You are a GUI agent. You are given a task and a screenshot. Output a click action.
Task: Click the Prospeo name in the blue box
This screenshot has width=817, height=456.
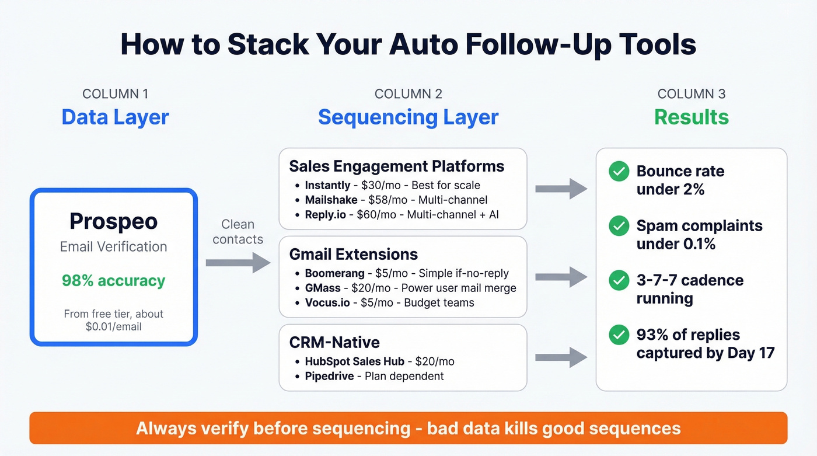tap(113, 221)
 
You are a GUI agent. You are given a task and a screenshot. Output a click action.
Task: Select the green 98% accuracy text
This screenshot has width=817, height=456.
tap(113, 281)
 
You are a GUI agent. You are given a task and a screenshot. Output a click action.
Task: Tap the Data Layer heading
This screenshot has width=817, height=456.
tap(115, 117)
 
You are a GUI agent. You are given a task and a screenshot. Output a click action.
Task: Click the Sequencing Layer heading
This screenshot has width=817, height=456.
tap(408, 117)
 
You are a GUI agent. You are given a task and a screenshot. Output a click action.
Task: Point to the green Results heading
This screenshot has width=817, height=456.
tap(691, 117)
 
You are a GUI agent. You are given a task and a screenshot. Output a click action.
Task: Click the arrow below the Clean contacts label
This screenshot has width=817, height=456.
tap(238, 263)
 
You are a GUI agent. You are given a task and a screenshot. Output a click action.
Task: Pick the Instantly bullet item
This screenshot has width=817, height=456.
tap(392, 186)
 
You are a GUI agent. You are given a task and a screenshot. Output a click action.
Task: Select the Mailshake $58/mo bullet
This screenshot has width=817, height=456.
tap(396, 200)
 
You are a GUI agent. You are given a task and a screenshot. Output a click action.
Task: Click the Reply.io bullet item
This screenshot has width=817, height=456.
tap(401, 215)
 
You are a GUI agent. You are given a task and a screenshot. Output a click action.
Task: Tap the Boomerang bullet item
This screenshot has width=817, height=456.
tap(407, 273)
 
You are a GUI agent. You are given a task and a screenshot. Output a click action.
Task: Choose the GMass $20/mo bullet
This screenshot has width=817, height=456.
tap(410, 288)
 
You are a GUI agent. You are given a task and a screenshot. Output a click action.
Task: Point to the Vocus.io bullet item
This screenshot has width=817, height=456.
tap(389, 302)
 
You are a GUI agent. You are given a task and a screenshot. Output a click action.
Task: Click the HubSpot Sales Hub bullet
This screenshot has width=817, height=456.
tap(379, 361)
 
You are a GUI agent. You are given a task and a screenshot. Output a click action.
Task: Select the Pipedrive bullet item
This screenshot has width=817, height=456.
tap(374, 376)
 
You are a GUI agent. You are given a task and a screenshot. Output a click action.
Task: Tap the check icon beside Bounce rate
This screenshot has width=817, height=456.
tap(619, 172)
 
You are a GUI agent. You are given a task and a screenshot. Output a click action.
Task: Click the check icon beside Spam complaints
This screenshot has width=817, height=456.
tap(619, 226)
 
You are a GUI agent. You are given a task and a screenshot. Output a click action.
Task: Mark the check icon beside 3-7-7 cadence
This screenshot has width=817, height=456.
tap(619, 280)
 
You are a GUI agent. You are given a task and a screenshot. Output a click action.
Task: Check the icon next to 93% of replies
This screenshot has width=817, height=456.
tap(619, 335)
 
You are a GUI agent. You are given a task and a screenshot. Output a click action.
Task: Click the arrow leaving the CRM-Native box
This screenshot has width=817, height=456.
tap(561, 357)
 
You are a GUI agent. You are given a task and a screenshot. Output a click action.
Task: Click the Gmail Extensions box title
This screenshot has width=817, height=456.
tap(354, 254)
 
